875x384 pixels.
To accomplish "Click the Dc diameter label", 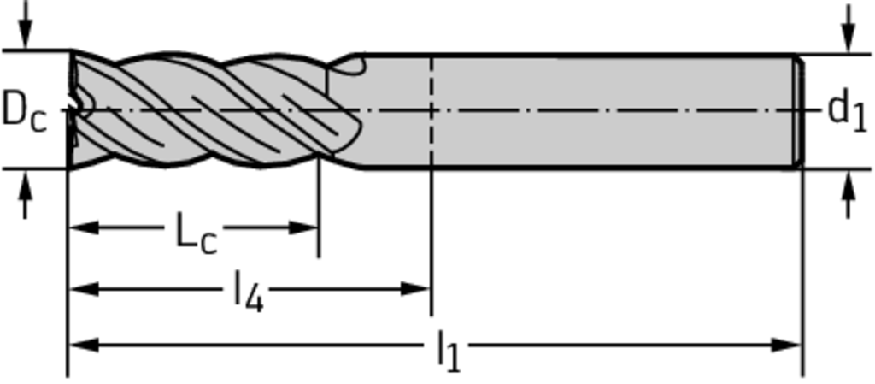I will coord(23,110).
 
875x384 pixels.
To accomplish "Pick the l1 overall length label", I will coord(448,350).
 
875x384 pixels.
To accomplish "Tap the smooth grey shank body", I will coord(598,86).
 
